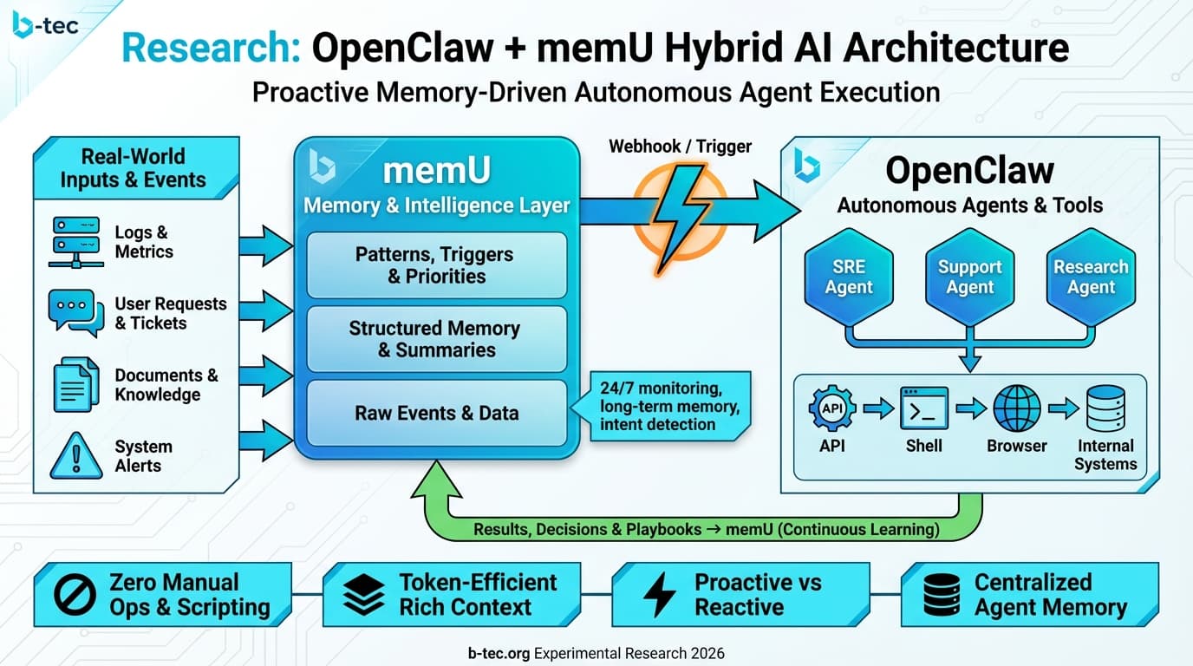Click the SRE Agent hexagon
tap(849, 277)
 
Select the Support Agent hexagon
tap(969, 277)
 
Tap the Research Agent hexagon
tap(1091, 277)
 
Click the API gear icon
tap(832, 408)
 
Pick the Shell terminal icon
tap(924, 408)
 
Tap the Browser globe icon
tap(1016, 408)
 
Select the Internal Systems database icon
tap(1105, 408)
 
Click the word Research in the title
tap(212, 49)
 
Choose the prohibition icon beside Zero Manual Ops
tap(75, 595)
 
